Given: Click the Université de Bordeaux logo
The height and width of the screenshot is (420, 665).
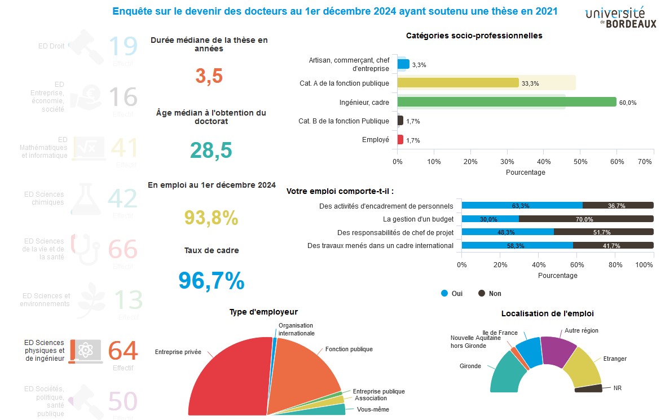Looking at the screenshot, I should click(620, 17).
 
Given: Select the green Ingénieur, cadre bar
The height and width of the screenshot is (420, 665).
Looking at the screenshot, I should click(507, 102).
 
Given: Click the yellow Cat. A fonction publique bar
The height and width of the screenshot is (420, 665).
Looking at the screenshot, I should click(457, 83).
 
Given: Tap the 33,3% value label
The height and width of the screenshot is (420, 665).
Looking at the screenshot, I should click(530, 84).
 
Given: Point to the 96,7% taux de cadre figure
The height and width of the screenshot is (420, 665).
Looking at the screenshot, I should click(212, 281).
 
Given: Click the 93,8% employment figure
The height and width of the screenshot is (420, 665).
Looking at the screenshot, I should click(212, 218).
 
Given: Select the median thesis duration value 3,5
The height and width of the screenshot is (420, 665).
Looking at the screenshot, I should click(209, 76).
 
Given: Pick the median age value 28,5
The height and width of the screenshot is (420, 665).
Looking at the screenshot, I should click(211, 151).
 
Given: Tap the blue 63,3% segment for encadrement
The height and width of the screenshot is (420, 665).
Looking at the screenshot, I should click(522, 206).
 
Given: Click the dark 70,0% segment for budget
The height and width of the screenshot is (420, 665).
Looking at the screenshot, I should click(586, 219).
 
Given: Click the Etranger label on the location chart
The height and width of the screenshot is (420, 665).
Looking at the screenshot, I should click(615, 359).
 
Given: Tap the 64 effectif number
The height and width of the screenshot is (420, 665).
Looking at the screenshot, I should click(123, 351).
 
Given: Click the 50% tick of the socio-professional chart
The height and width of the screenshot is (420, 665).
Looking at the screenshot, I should click(580, 162).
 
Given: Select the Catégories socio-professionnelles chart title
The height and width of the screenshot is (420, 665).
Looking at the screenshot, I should click(474, 36).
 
